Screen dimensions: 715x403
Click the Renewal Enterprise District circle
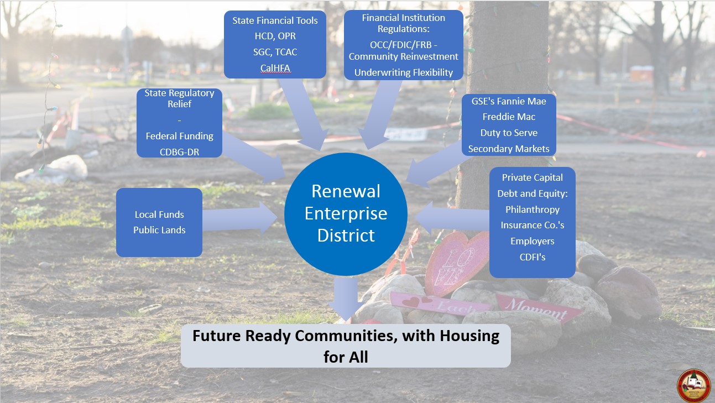coord(346,214)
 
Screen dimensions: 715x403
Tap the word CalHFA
coord(275,68)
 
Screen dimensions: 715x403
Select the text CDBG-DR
coord(179,152)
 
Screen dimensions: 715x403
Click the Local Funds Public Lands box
coord(159,222)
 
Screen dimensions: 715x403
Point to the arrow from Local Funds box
coord(239,218)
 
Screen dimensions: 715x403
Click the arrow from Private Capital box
coord(452,218)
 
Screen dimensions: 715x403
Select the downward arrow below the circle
coord(346,299)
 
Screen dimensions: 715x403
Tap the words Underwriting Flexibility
coord(404,72)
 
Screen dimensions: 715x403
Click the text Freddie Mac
coord(509,117)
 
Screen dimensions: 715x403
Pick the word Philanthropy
coord(533,210)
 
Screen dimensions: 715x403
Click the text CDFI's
coord(533,257)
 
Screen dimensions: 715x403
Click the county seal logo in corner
coord(693,386)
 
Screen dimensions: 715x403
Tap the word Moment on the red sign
coord(536,308)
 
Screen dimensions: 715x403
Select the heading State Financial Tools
coord(275,20)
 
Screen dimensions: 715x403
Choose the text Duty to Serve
coord(509,133)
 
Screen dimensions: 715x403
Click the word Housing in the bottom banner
coord(469,336)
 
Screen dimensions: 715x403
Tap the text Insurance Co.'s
coord(533,226)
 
